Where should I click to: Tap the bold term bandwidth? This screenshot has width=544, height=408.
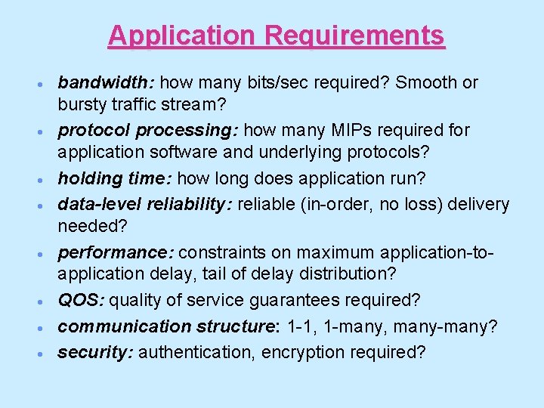[x=107, y=82]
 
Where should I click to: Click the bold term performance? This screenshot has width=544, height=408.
[x=116, y=252]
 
